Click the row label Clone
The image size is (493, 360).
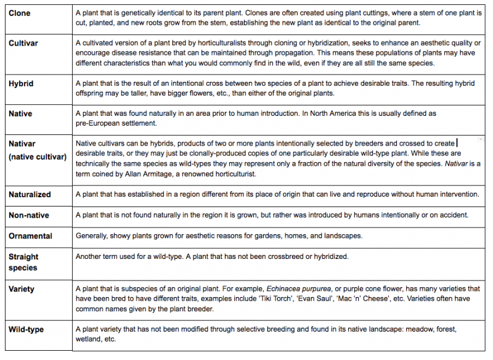click(x=19, y=13)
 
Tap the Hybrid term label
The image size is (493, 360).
click(x=20, y=83)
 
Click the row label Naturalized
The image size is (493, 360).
click(x=30, y=194)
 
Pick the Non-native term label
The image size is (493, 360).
click(x=28, y=215)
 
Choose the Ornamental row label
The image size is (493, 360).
click(x=30, y=236)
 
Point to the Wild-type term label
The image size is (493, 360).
click(x=26, y=330)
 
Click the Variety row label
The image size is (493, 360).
click(x=22, y=289)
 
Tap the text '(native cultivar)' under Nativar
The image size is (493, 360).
click(x=37, y=157)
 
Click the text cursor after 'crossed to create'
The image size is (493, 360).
click(x=457, y=143)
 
